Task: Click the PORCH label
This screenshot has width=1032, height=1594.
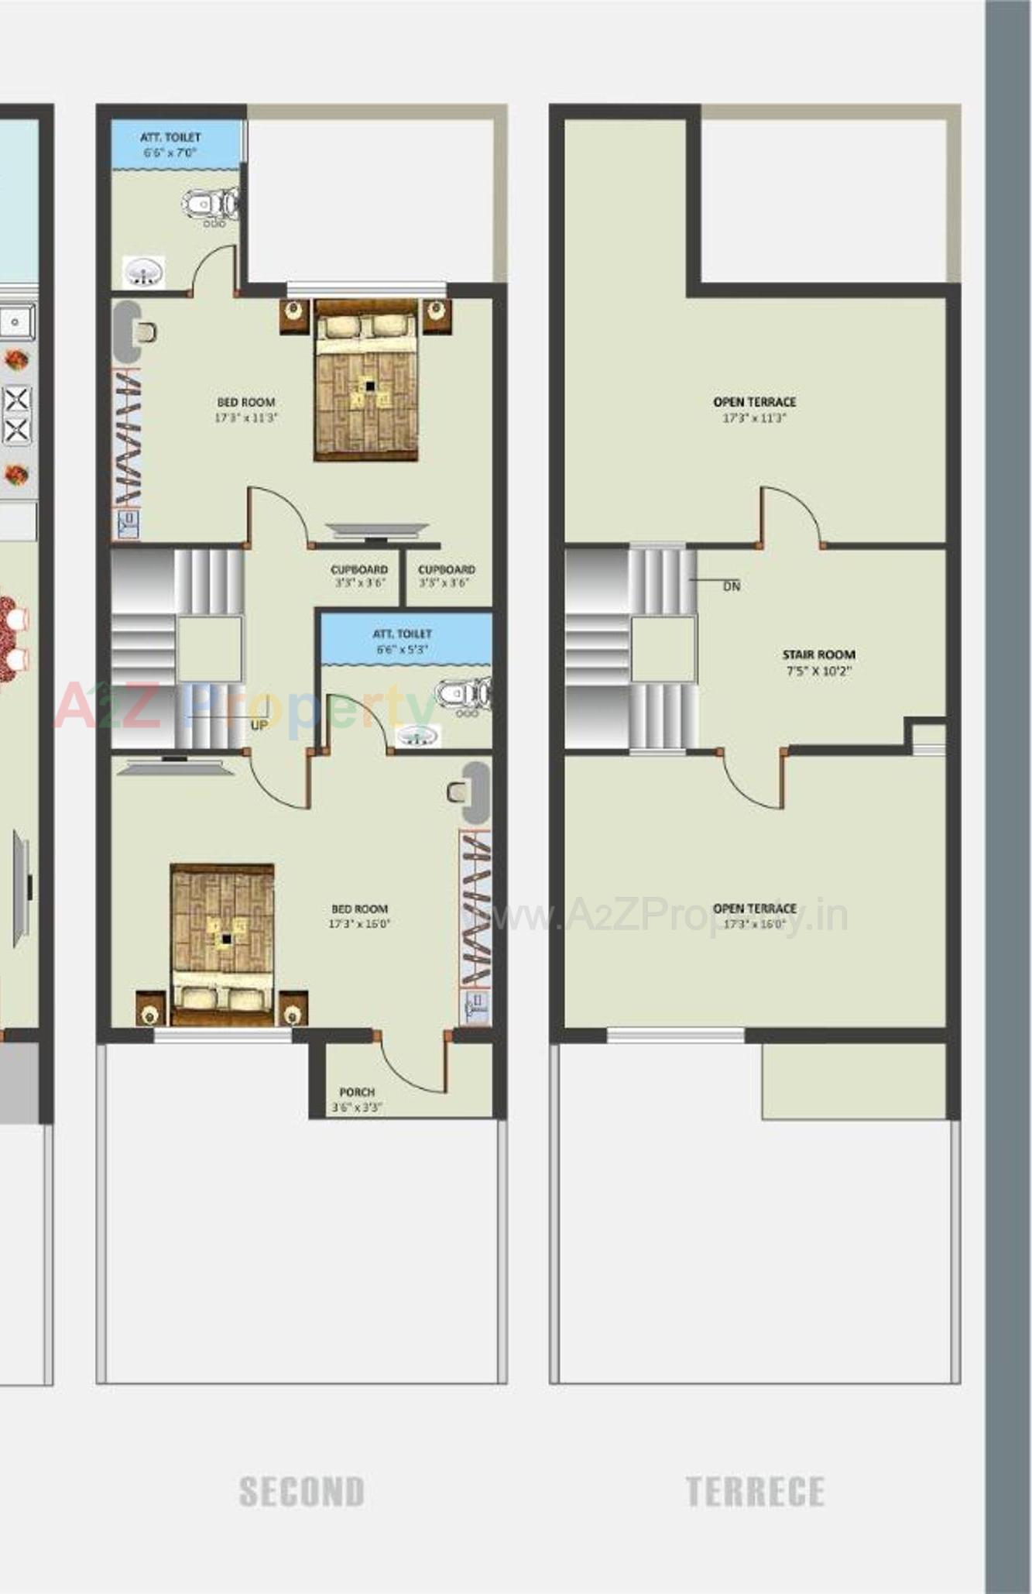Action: click(357, 1092)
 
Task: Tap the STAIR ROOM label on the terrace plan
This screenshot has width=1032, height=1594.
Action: click(818, 654)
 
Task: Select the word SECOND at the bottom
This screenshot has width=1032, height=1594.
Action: click(302, 1492)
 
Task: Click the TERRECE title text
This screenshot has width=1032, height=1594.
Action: click(755, 1492)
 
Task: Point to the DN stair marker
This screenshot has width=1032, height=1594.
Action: click(731, 586)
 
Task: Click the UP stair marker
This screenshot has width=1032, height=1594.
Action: click(259, 725)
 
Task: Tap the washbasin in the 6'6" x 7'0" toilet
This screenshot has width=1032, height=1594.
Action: click(143, 272)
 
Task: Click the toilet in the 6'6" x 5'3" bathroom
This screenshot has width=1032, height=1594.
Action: click(462, 693)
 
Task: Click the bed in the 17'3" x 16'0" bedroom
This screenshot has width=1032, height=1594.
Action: click(222, 944)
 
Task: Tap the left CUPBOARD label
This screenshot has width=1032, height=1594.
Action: click(359, 569)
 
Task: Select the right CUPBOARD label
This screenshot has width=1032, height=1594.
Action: click(446, 569)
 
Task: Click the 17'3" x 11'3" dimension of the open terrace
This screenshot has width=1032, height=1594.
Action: click(754, 418)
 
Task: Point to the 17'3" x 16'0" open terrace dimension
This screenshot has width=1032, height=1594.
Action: click(754, 924)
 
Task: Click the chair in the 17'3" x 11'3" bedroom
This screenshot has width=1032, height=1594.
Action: click(145, 333)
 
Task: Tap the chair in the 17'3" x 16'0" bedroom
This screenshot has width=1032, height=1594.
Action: click(457, 792)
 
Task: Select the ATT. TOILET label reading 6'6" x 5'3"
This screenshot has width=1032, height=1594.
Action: click(402, 634)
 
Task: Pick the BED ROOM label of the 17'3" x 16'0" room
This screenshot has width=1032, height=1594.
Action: click(359, 909)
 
